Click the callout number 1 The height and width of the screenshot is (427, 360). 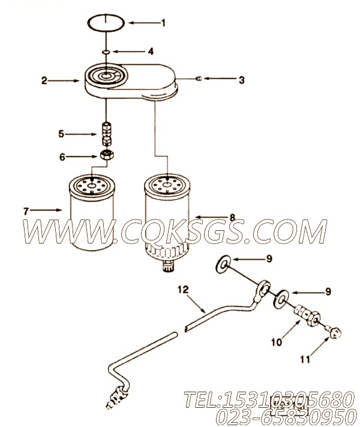click(x=163, y=23)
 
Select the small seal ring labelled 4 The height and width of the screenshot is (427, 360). click(x=107, y=52)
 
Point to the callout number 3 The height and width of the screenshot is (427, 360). click(x=241, y=80)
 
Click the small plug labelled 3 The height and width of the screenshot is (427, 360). click(x=199, y=79)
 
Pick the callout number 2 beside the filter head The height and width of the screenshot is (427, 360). click(x=44, y=80)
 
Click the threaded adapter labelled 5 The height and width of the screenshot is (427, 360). click(x=106, y=134)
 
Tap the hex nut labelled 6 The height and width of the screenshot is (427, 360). click(x=107, y=155)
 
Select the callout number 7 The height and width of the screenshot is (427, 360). click(x=26, y=211)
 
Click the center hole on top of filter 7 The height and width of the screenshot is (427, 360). click(x=92, y=185)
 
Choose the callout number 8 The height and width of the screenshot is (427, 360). click(x=232, y=218)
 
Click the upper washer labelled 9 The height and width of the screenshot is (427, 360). click(x=223, y=264)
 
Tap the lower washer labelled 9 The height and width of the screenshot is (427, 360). click(x=281, y=299)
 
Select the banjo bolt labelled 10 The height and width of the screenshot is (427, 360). click(x=307, y=315)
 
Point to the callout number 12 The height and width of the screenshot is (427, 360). click(x=183, y=290)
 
